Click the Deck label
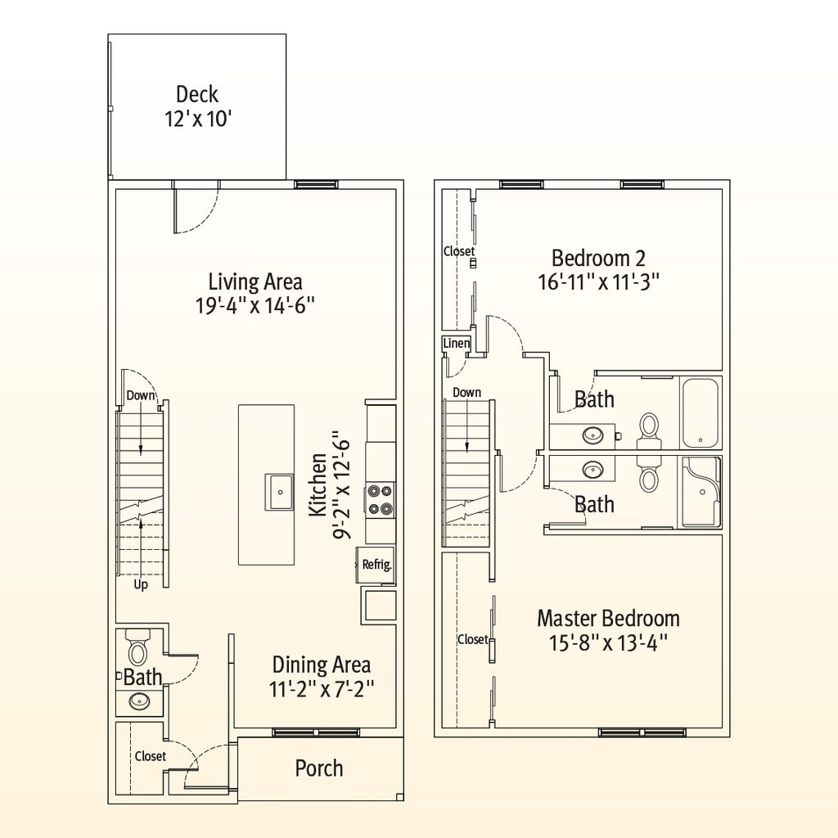click(197, 95)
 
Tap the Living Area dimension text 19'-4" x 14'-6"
click(255, 306)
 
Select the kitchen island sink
click(279, 492)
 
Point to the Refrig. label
click(376, 565)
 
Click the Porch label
click(319, 768)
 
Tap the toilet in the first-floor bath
click(137, 647)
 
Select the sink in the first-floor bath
click(139, 701)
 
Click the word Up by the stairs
click(141, 584)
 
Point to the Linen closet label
click(457, 343)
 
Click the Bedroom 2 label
click(598, 258)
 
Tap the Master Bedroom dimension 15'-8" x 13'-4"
click(609, 643)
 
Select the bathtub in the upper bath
click(701, 413)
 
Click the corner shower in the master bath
click(701, 492)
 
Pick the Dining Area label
click(321, 665)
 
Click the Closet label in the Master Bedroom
click(472, 639)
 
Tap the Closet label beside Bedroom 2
click(459, 250)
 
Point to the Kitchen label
click(318, 484)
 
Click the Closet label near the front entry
click(151, 756)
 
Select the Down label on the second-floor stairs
click(466, 392)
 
